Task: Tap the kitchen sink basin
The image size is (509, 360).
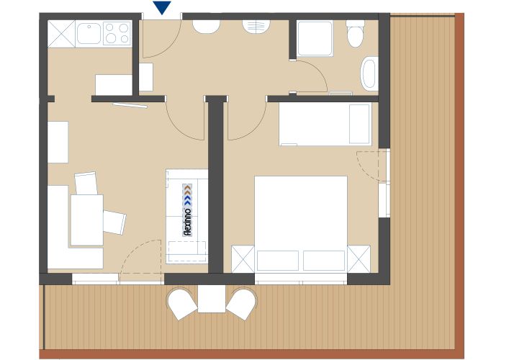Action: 89,33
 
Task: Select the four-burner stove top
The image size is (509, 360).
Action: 117,33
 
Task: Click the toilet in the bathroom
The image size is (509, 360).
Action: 355,34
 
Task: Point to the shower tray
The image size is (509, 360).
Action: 315,39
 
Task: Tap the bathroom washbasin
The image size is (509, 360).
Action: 369,73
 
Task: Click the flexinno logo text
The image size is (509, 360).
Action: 188,210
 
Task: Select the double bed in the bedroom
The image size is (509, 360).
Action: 301,224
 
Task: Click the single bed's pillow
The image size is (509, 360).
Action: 359,124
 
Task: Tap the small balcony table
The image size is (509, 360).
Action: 212,299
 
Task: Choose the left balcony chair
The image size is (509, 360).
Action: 181,303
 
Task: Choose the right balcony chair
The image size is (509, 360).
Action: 242,303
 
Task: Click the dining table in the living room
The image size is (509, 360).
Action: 87,220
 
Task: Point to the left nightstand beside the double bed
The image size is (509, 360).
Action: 243,259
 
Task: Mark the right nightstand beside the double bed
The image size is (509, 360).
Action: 359,259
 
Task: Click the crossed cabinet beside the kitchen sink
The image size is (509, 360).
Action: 61,34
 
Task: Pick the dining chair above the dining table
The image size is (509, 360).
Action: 86,183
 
